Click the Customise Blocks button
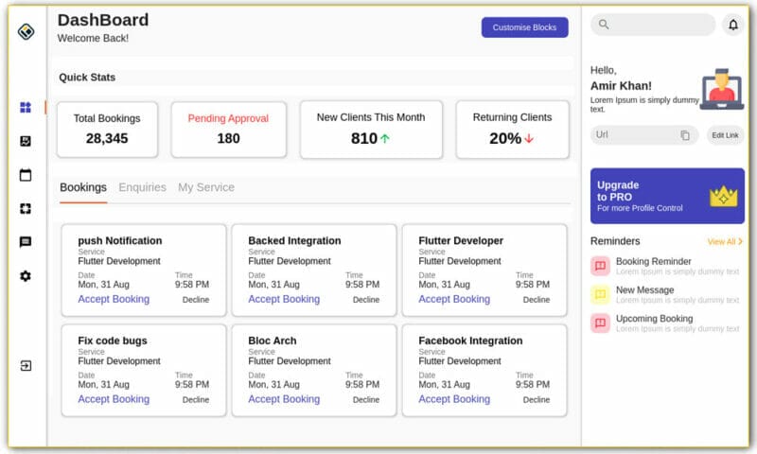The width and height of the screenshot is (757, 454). (524, 27)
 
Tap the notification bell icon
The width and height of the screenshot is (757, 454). (732, 26)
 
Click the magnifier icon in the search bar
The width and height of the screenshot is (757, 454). (604, 25)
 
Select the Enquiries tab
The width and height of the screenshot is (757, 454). (142, 187)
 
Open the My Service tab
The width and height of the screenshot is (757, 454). (206, 187)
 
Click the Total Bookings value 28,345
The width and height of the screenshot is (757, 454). (107, 138)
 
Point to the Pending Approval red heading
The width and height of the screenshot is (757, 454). (228, 118)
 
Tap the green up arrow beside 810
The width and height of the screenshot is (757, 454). (385, 138)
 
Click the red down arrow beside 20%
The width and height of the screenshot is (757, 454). (529, 138)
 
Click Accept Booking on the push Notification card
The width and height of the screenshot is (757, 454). (114, 299)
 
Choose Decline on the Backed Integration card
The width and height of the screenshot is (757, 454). (366, 300)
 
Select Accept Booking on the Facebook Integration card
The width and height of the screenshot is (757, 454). (454, 399)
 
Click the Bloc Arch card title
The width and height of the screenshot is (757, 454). (272, 340)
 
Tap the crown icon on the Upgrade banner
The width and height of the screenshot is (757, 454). (724, 196)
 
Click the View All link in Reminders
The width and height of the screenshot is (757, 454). (724, 242)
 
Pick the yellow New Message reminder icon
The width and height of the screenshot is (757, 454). (600, 294)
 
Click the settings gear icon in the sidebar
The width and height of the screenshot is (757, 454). (26, 276)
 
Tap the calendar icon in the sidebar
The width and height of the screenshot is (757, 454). (26, 175)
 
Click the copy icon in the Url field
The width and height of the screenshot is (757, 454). (685, 135)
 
